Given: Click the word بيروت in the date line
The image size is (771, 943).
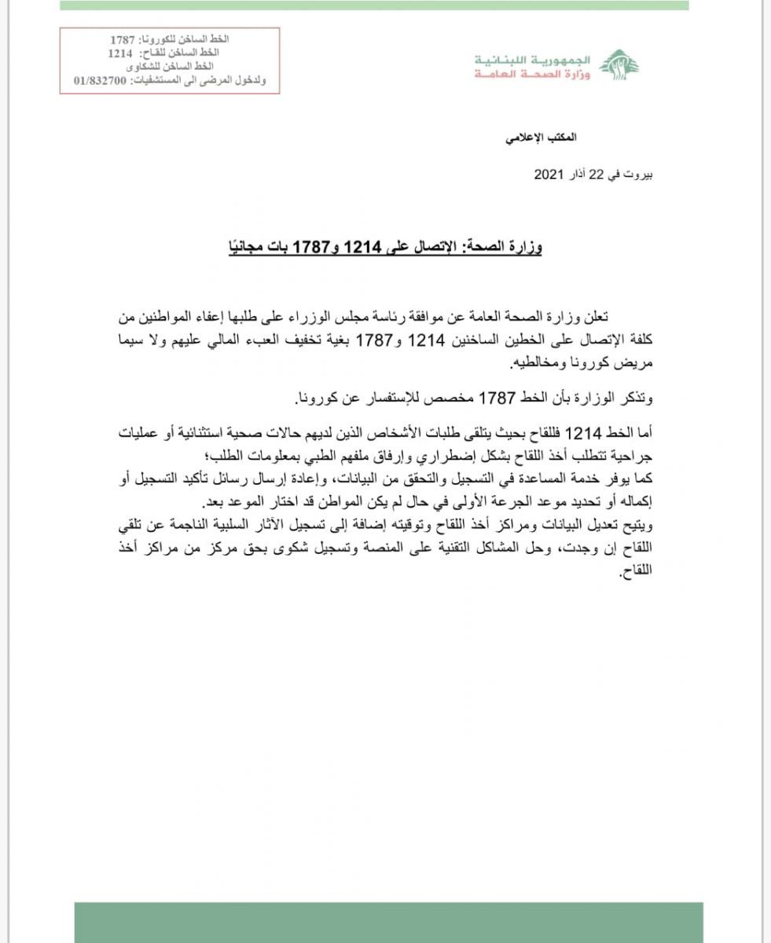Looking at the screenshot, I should click(636, 174).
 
